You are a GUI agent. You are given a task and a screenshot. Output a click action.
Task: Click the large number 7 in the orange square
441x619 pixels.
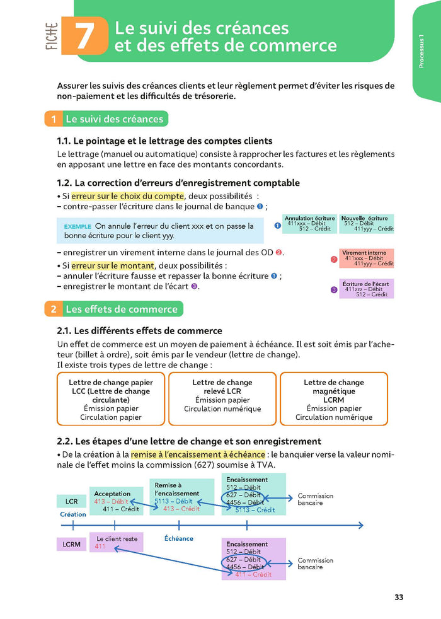coord(83,37)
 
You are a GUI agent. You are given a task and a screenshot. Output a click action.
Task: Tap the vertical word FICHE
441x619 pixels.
coord(52,37)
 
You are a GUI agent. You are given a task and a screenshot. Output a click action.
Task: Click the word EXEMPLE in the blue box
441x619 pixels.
coord(77,226)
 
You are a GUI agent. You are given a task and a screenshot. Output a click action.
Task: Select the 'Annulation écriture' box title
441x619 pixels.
coord(309,218)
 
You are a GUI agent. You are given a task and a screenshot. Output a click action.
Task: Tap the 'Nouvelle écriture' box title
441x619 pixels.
coord(364,218)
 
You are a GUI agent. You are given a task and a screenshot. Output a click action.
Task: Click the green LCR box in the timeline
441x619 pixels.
coord(71,502)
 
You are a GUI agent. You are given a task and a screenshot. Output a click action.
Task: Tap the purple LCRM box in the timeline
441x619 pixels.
coord(72,543)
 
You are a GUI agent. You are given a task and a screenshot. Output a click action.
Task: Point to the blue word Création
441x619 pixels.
coord(72,514)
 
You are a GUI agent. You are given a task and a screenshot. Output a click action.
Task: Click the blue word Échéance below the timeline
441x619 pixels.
coord(179,538)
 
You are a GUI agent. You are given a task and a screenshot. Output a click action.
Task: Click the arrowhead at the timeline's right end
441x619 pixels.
coord(360,525)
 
